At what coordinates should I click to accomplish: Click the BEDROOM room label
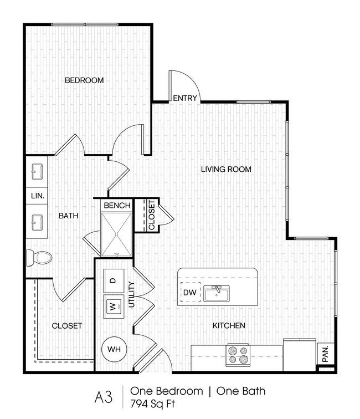84,80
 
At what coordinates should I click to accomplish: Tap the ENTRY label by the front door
185,98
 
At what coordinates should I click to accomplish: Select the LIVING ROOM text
226,169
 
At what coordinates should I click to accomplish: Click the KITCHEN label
229,325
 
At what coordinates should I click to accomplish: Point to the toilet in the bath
39,257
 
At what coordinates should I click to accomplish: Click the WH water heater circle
114,349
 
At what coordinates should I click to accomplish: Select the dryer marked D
113,280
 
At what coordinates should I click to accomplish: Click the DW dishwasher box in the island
188,293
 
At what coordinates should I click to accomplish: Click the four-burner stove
239,355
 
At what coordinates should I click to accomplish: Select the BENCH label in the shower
117,205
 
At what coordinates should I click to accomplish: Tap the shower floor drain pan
117,233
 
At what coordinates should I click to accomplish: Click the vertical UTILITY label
132,294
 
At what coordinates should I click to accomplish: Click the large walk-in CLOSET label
68,325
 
